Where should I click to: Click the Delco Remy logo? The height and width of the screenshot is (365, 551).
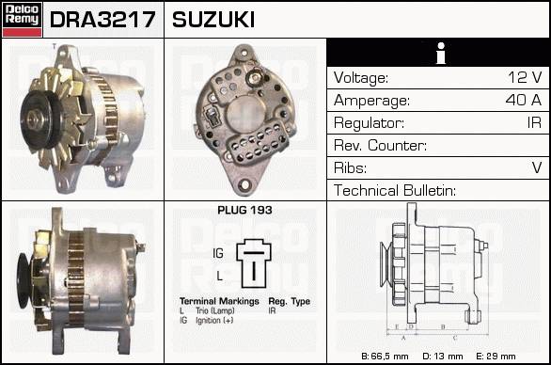[23, 19]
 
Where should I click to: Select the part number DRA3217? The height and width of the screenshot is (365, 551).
[102, 20]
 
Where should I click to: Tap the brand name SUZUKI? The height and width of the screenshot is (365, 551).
[213, 20]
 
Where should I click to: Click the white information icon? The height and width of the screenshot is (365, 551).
[441, 53]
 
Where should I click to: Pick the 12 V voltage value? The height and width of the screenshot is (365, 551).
[525, 77]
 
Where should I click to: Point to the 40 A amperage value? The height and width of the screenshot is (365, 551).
[524, 100]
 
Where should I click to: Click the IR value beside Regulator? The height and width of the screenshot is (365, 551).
[534, 122]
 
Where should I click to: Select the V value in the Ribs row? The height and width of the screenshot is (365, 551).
[537, 167]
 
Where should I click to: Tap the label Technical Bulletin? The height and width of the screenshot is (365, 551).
[395, 190]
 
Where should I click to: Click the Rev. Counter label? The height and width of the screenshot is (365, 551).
[380, 145]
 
